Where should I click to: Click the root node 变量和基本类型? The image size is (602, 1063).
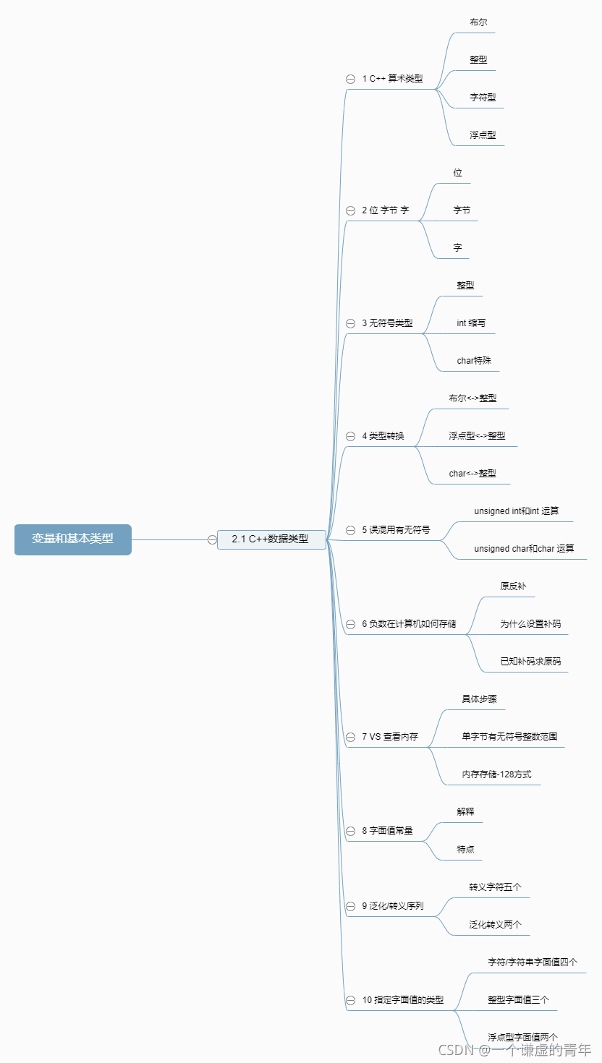tap(72, 539)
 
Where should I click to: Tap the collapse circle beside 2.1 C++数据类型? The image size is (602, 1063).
tap(212, 539)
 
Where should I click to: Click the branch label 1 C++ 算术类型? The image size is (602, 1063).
tap(392, 79)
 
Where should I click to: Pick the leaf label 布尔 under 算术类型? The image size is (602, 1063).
tap(478, 22)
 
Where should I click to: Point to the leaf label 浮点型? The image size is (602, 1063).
tap(483, 135)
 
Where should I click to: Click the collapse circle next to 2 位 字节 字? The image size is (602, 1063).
tap(350, 210)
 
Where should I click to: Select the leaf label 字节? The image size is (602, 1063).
tap(462, 210)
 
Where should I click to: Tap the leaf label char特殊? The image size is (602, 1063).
tap(474, 361)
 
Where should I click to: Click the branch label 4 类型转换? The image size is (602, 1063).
tap(383, 436)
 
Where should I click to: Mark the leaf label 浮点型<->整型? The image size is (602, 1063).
tap(477, 436)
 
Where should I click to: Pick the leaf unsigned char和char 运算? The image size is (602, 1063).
tap(524, 549)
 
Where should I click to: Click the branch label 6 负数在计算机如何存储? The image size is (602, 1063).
tap(409, 624)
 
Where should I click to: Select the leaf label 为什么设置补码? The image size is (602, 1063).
tap(530, 624)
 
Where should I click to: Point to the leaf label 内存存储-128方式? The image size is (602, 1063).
tap(496, 774)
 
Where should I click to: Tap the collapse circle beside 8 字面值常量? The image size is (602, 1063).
tap(350, 831)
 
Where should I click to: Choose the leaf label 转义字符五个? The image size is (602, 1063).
tap(495, 887)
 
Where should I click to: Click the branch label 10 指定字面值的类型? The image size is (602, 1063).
tap(403, 1000)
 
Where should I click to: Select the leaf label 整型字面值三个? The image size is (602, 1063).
tap(518, 1000)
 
